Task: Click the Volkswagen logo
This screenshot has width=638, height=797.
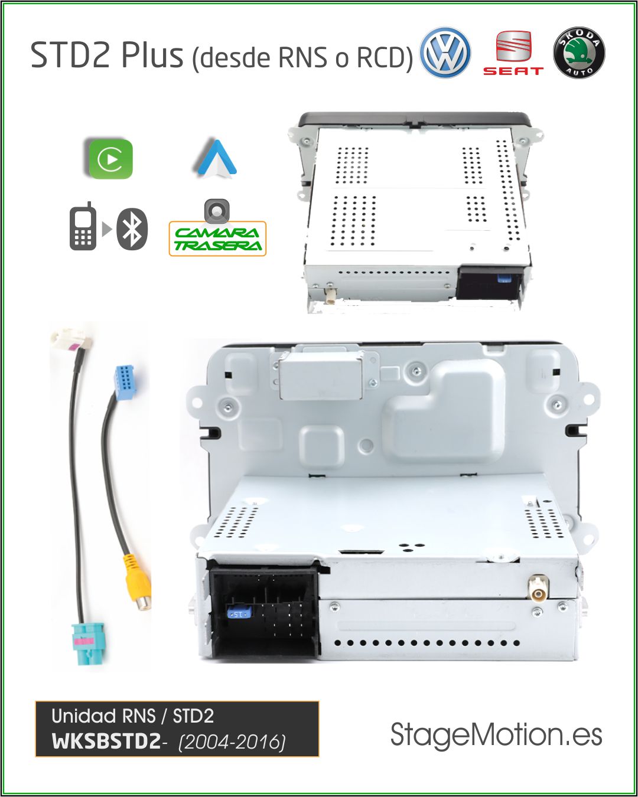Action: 445,53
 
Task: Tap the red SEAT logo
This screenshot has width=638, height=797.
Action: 513,53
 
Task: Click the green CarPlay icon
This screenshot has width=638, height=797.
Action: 110,159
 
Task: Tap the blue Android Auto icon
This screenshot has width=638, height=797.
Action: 217,158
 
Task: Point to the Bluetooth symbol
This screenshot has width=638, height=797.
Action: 132,228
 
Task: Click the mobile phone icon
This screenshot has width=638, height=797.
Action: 83,227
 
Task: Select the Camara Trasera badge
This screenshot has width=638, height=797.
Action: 217,239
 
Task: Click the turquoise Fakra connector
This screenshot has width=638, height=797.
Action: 87,644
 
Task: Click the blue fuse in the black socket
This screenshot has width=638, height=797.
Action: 239,614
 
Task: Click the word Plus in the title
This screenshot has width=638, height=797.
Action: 152,55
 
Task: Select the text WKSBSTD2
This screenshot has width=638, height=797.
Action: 106,741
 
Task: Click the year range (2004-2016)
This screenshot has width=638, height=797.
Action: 232,742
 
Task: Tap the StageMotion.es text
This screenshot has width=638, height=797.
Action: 496,735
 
